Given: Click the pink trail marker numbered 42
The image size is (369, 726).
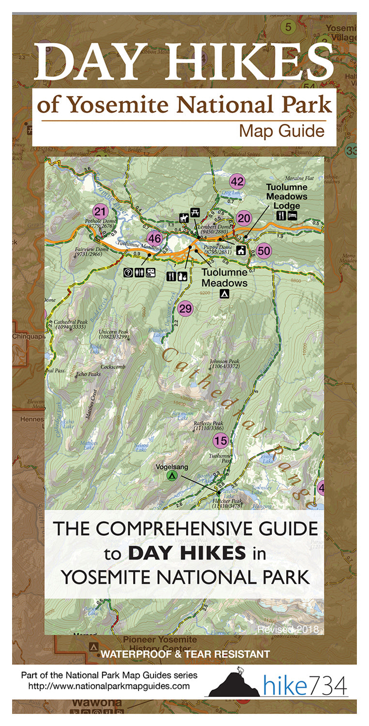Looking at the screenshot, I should tap(237, 182).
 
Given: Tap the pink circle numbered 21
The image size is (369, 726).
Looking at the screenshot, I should tap(100, 212).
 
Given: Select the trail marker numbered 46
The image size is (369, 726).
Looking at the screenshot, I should tap(154, 239).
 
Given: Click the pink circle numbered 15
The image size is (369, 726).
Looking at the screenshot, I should tap(220, 441).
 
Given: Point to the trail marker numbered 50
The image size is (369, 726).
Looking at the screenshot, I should tap(263, 251).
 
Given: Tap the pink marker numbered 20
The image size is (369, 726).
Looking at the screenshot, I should tap(244, 219).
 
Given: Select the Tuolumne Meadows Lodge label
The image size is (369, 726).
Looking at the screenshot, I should tap(287, 196).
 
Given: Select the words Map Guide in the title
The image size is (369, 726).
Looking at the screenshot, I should tap(281, 131).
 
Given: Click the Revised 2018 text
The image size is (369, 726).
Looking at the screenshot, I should tap(288, 629).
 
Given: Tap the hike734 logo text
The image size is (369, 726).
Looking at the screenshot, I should tap(306, 686).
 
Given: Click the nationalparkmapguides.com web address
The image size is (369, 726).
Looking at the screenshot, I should tap(108, 686).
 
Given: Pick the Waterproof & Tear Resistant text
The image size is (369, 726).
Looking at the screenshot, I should tap(185, 654).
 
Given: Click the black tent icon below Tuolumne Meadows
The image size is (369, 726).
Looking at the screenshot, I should tap(224, 293).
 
